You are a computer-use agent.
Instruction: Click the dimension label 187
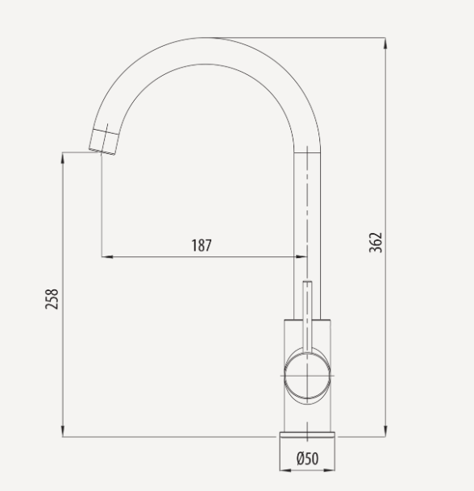[202, 245]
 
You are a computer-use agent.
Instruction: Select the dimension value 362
[376, 242]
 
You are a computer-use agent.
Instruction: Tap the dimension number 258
[52, 299]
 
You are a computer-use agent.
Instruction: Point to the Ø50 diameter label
[307, 458]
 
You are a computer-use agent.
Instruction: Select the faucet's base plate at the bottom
[307, 440]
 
